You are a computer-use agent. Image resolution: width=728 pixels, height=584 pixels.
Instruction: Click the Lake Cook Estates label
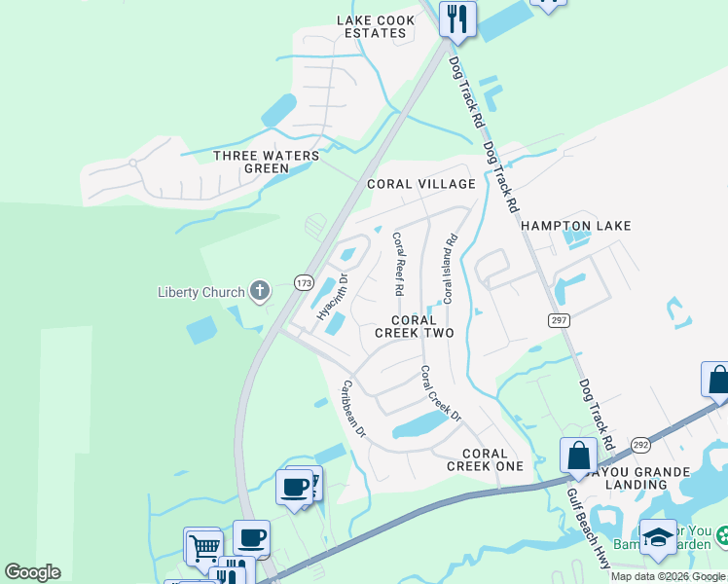pyautogui.click(x=371, y=26)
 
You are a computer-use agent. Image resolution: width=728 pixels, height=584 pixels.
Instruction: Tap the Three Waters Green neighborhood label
pyautogui.click(x=266, y=162)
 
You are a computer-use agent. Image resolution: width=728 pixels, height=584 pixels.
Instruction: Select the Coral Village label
pyautogui.click(x=420, y=184)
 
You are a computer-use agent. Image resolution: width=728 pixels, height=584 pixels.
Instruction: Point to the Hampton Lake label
pyautogui.click(x=576, y=226)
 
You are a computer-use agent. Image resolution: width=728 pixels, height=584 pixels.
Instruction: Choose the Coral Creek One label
pyautogui.click(x=485, y=459)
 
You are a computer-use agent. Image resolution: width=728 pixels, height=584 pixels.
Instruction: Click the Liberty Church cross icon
pyautogui.click(x=259, y=291)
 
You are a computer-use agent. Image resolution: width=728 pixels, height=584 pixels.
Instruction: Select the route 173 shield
pyautogui.click(x=304, y=282)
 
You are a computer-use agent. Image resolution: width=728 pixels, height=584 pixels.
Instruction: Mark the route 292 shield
pyautogui.click(x=639, y=444)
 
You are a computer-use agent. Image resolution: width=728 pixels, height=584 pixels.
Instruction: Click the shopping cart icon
pyautogui.click(x=202, y=546)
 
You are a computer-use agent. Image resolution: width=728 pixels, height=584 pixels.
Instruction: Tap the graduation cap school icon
pyautogui.click(x=658, y=538)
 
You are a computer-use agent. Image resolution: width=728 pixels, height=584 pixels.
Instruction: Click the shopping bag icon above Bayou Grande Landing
pyautogui.click(x=578, y=456)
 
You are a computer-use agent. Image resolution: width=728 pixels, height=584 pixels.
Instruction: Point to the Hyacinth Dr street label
pyautogui.click(x=332, y=297)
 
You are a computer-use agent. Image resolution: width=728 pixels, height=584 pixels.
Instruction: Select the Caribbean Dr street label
pyautogui.click(x=351, y=408)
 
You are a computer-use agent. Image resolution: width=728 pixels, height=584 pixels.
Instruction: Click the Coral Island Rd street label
pyautogui.click(x=449, y=269)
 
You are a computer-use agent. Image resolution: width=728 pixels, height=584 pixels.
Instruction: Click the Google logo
pyautogui.click(x=32, y=572)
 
